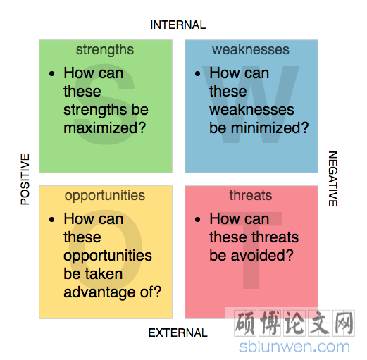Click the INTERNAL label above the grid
[178, 25]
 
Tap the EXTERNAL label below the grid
[178, 333]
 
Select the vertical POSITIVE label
[25, 179]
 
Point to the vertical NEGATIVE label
[332, 179]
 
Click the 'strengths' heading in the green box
[105, 50]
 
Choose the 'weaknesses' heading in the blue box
[251, 50]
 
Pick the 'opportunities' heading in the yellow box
[105, 196]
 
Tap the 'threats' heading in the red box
[251, 195]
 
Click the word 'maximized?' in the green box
[105, 128]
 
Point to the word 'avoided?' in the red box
[262, 256]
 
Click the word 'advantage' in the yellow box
[99, 292]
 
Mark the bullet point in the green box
[52, 74]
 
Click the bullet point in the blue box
[198, 74]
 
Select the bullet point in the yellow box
[52, 220]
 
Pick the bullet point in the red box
[198, 220]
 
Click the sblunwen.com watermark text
[294, 347]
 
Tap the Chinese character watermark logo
[294, 323]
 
